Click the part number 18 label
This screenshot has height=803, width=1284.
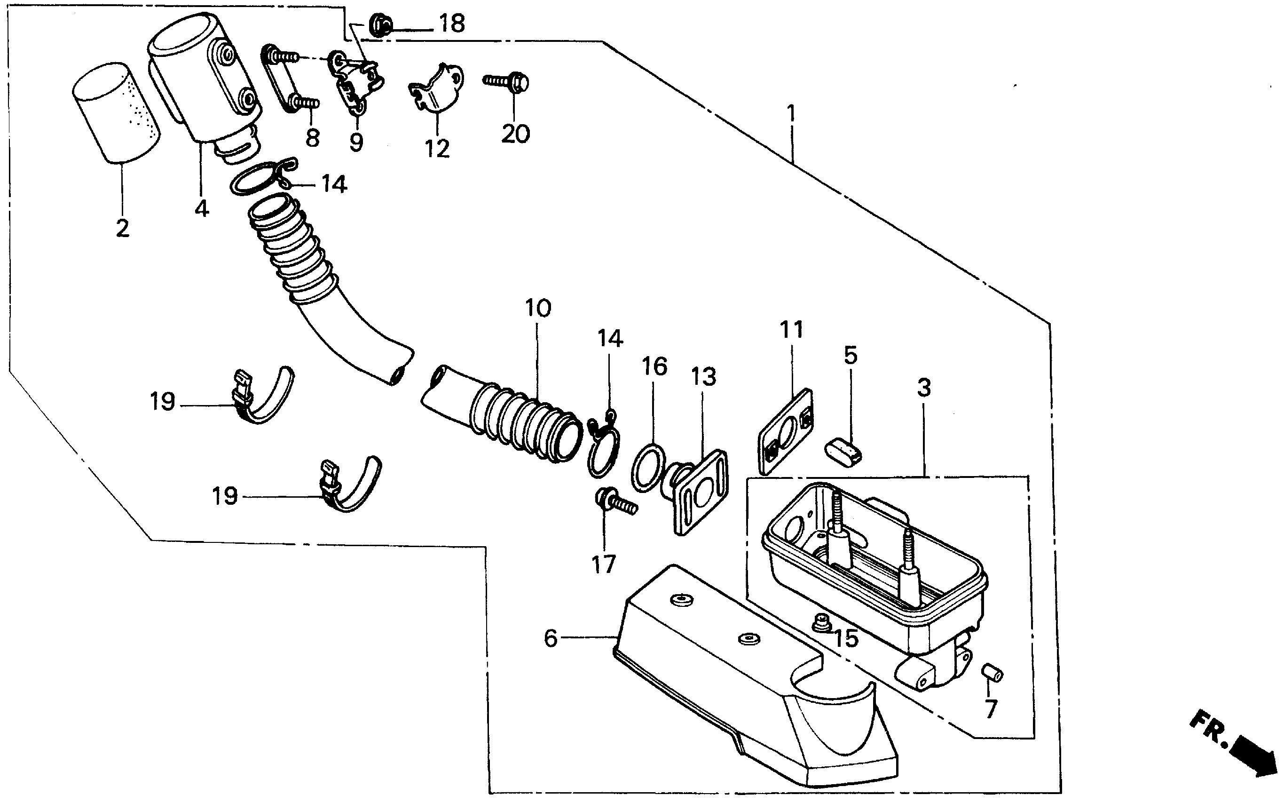click(x=452, y=24)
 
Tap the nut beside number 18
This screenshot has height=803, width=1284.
click(x=379, y=24)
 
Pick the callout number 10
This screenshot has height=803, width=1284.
click(x=538, y=309)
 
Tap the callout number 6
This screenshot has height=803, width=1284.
click(x=551, y=638)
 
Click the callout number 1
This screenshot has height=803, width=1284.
click(x=791, y=114)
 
